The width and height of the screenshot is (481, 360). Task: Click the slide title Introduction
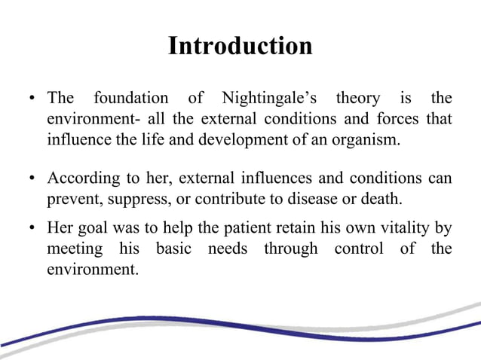coord(240,46)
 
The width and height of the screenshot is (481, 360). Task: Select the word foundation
coord(130,99)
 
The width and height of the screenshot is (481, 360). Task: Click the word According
coord(81,179)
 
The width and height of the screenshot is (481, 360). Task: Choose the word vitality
coord(400,228)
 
